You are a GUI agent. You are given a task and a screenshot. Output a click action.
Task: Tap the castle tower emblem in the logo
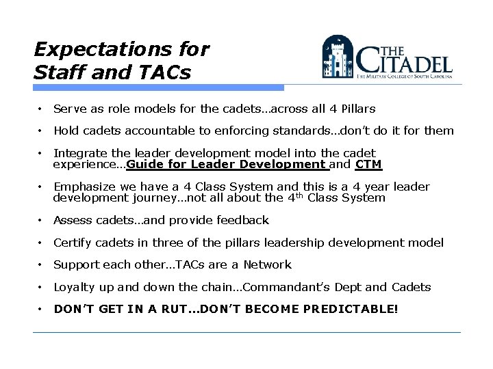[x=338, y=57]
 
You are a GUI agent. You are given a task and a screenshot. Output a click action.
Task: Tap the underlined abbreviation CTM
[x=369, y=164]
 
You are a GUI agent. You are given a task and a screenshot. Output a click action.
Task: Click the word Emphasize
[x=83, y=187]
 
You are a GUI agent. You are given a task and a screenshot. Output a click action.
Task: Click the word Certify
[x=73, y=243]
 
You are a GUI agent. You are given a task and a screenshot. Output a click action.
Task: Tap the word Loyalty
[x=74, y=287]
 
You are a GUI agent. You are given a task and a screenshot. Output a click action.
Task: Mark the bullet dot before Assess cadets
[x=42, y=220]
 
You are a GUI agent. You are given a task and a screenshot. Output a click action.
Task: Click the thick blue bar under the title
[x=158, y=87]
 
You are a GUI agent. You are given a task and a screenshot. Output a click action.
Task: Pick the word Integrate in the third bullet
[x=77, y=153]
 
